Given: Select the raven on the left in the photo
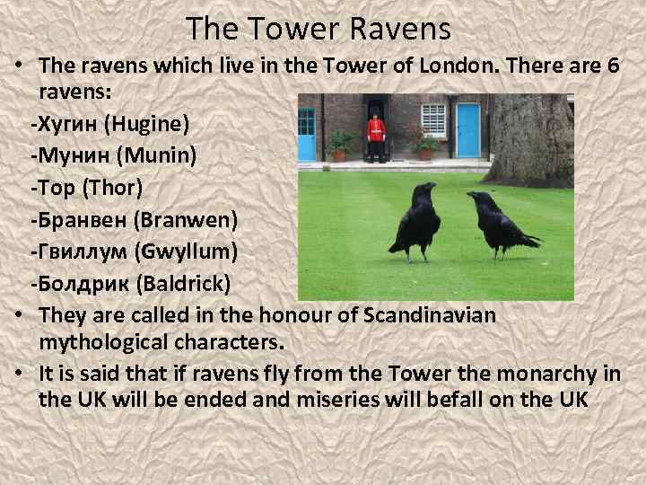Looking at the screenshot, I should click(415, 220).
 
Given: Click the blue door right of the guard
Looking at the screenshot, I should click(468, 129).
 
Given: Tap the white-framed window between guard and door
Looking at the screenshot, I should click(433, 118).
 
